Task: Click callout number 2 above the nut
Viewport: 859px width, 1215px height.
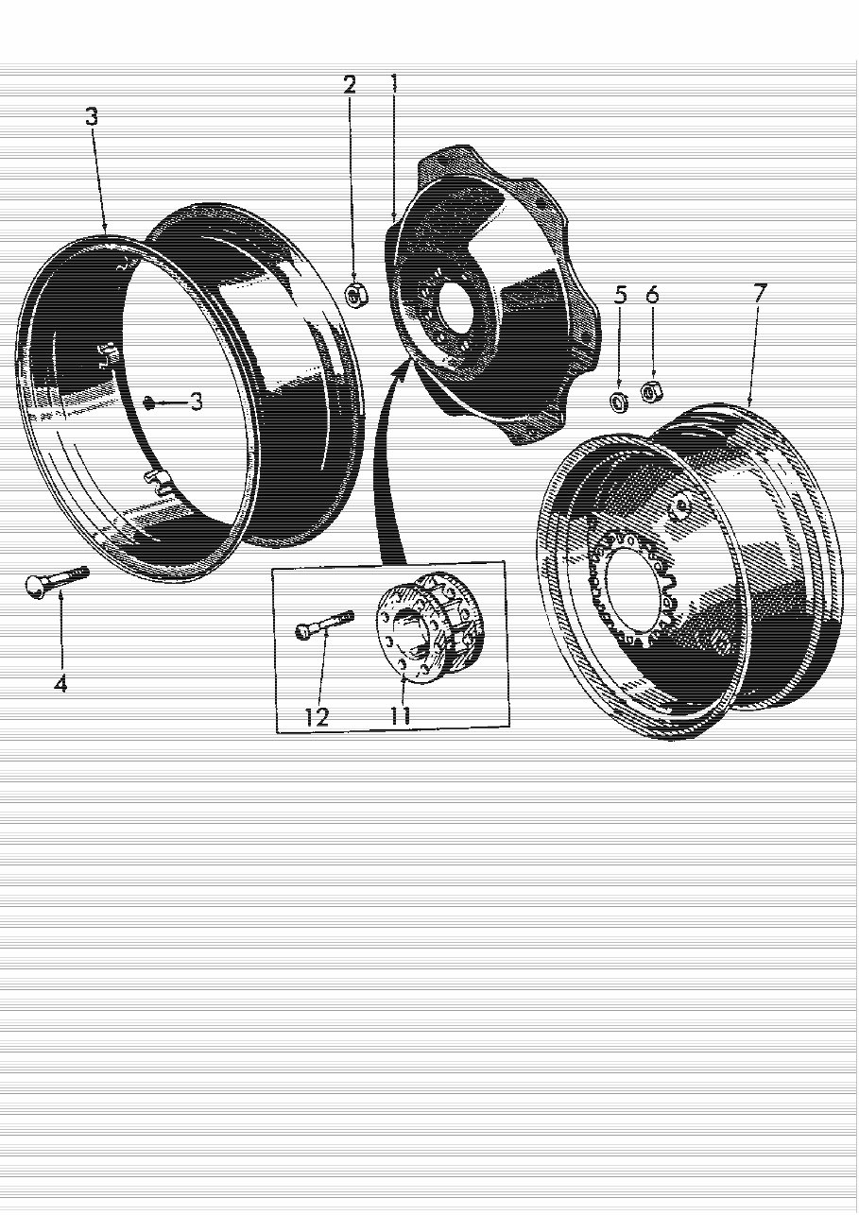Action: tap(350, 85)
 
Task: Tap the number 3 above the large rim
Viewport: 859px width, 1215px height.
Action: tap(91, 117)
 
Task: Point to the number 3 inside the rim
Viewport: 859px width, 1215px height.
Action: tap(196, 402)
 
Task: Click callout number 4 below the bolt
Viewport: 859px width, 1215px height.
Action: tap(60, 682)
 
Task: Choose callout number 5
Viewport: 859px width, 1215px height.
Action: tap(620, 295)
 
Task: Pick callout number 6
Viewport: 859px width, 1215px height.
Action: tap(652, 295)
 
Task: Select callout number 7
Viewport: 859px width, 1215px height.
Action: tap(760, 293)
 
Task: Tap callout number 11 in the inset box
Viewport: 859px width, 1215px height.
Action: tap(401, 715)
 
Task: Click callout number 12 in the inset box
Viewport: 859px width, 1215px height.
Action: tap(317, 717)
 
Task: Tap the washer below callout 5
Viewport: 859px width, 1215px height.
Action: tap(618, 399)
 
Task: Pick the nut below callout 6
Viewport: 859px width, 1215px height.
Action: tap(650, 391)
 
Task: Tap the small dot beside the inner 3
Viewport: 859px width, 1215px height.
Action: tap(149, 403)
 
